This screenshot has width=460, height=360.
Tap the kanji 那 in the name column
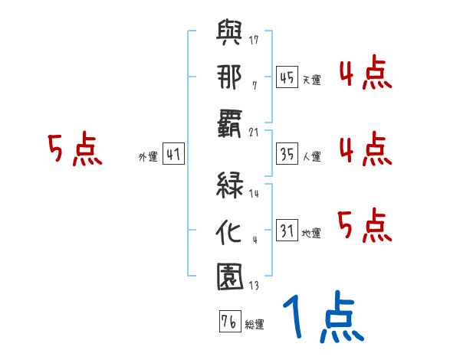point(231,80)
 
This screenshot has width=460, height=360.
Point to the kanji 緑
point(231,185)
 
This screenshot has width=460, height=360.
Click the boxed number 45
point(287,77)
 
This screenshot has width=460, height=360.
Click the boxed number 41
point(173,155)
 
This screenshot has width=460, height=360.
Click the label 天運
point(311,80)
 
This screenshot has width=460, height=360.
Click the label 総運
point(255,325)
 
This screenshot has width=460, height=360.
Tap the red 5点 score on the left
point(74,150)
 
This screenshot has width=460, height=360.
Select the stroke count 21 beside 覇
point(255,133)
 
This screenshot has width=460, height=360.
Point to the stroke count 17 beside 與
point(255,40)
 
